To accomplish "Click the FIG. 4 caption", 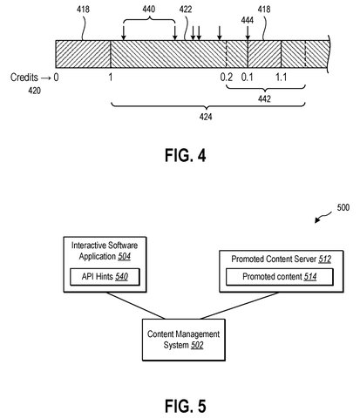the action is point(186,155).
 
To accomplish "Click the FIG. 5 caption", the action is point(186,406).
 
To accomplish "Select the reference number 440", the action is point(148,10).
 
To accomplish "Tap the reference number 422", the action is point(186,10).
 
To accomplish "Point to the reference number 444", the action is point(248,20).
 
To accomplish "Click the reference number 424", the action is point(206,117).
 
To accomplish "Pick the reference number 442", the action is point(264,99).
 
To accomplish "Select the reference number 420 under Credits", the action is point(34,91).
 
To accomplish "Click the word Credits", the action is point(24,78).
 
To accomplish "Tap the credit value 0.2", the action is point(227,78).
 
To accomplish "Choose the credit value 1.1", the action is point(281,78).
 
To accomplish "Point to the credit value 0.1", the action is point(248,78).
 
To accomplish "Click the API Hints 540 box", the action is point(105,277).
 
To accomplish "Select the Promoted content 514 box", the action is point(280,277).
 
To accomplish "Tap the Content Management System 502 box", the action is point(184,340).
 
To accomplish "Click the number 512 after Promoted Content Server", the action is point(325,259).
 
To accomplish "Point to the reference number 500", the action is point(343,207).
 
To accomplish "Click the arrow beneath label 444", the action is point(248,33).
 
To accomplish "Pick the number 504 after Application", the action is point(125,257).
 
